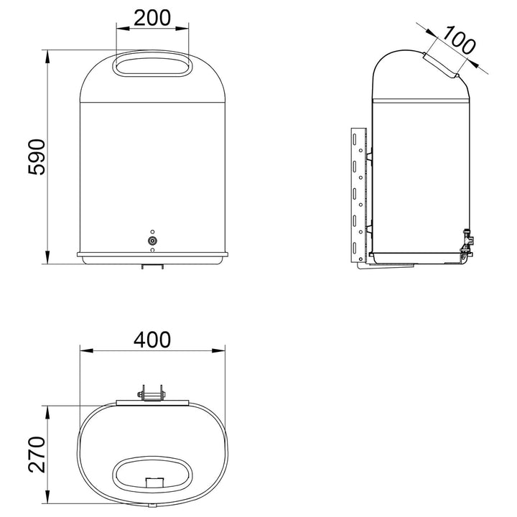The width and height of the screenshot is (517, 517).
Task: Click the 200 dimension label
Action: tap(152, 18)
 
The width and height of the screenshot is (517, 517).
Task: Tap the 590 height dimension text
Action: tap(37, 157)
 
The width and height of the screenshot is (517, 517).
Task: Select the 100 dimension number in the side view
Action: tap(459, 40)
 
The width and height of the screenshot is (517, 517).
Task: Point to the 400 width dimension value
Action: tap(152, 340)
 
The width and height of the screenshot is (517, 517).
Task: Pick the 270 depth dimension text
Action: tap(37, 455)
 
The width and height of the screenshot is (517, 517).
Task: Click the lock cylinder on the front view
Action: tap(152, 241)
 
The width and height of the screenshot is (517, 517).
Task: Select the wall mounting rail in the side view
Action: tap(359, 195)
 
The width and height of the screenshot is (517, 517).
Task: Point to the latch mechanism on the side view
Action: tap(467, 243)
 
